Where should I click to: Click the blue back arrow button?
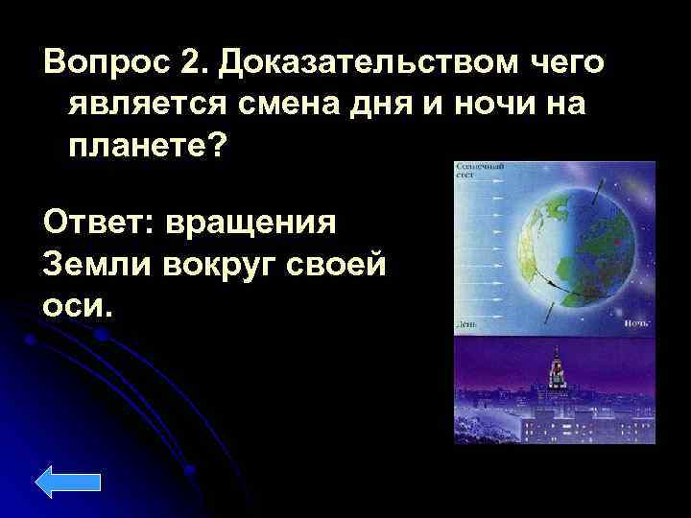(72, 482)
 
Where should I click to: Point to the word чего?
(566, 64)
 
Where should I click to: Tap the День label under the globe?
(467, 326)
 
